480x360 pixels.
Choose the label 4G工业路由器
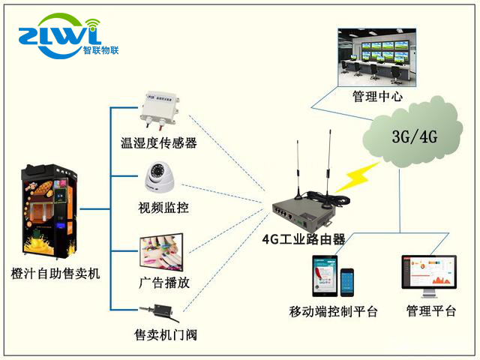(304, 239)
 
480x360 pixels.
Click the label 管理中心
(378, 97)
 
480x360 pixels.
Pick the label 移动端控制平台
(334, 312)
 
